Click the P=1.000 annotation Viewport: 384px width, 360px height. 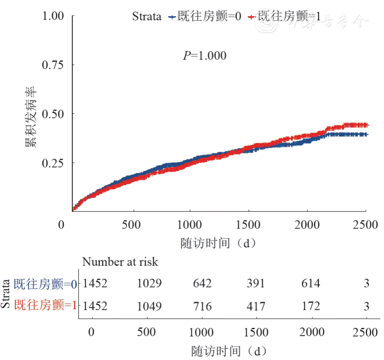205,56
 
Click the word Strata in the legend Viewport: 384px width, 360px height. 147,17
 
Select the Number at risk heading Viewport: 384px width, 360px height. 120,262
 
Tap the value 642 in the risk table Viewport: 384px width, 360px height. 202,283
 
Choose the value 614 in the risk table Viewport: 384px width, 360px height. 310,283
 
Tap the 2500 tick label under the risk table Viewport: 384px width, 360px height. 366,332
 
